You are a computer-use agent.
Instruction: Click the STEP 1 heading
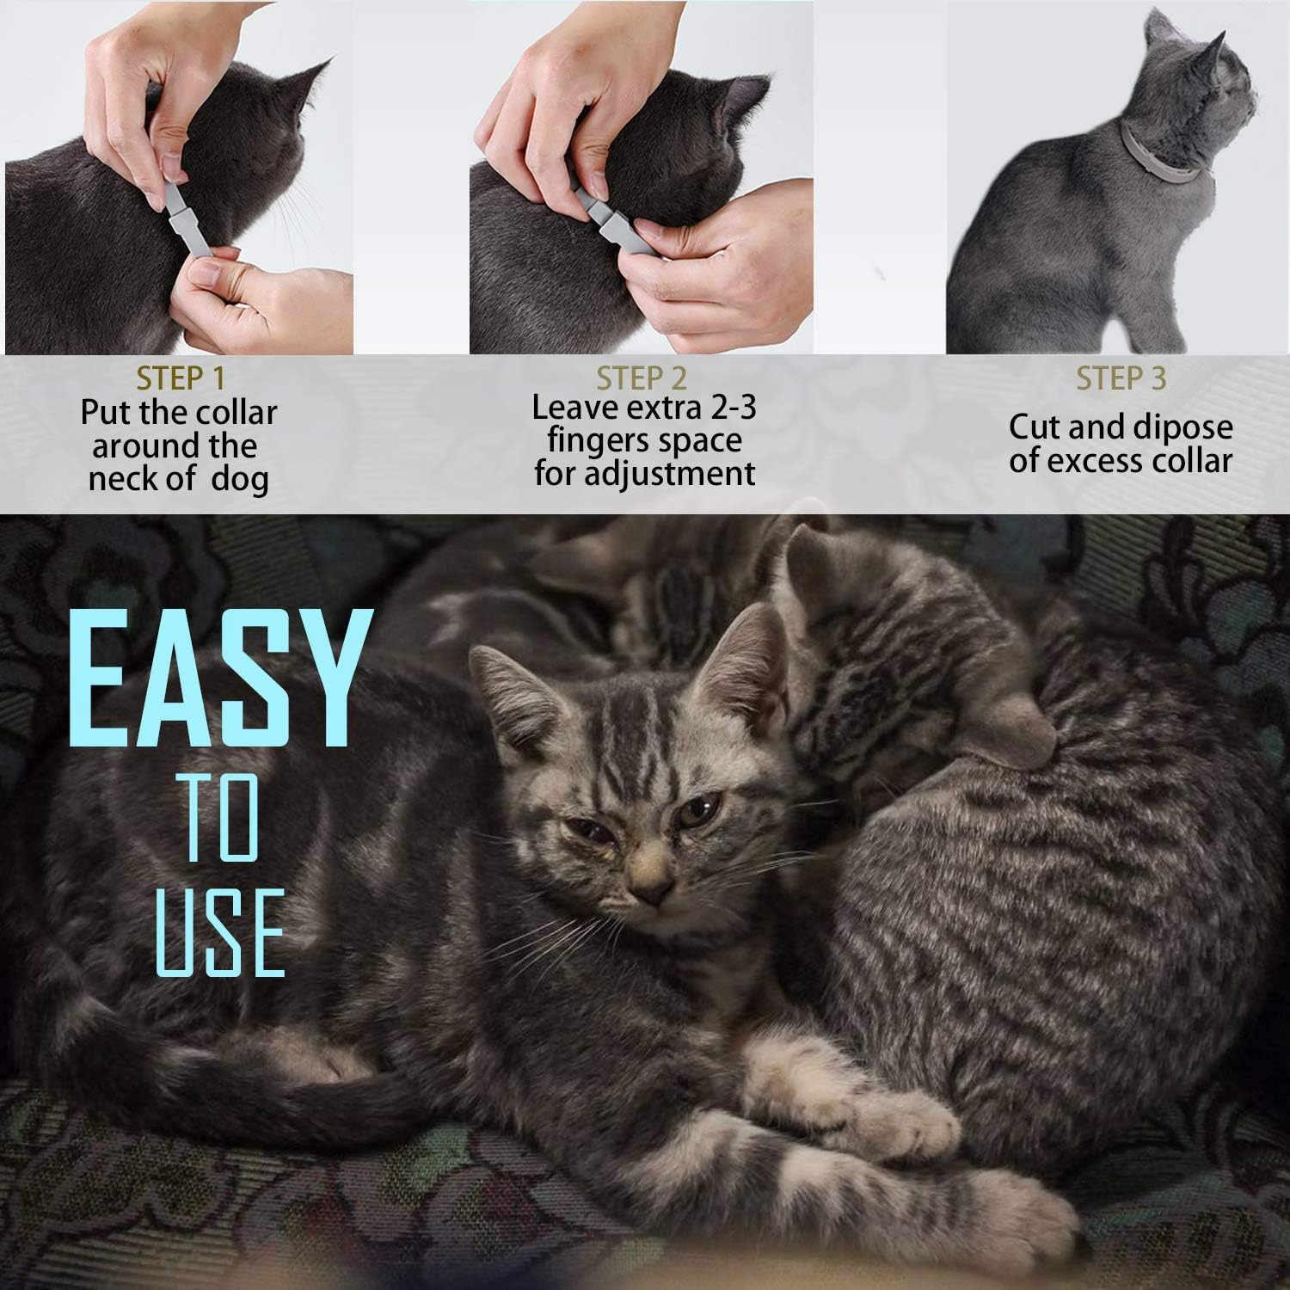tap(183, 378)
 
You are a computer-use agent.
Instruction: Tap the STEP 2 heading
tap(642, 378)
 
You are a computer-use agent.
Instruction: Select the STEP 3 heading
tap(1121, 378)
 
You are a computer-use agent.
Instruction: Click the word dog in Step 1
tap(239, 479)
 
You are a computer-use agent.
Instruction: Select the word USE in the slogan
tap(220, 933)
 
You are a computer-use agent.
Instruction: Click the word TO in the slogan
tap(222, 817)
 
